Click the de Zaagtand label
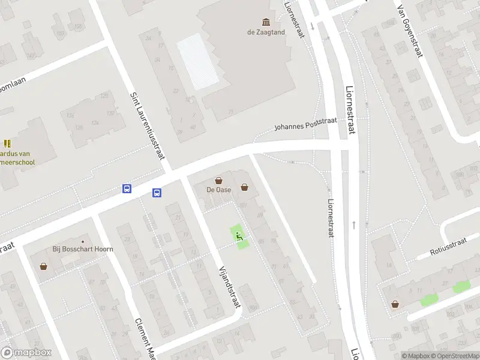(265, 32)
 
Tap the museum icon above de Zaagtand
(265, 22)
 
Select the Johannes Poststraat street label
(306, 124)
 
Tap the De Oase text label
(219, 190)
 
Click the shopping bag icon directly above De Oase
(219, 179)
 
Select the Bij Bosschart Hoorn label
(83, 249)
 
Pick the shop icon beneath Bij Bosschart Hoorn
(43, 266)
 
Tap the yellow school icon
(7, 143)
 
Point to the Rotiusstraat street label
(448, 249)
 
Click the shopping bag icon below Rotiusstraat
(394, 304)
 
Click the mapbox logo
(26, 353)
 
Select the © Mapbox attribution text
(416, 356)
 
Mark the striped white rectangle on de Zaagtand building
(199, 60)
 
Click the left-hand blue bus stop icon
(127, 188)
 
